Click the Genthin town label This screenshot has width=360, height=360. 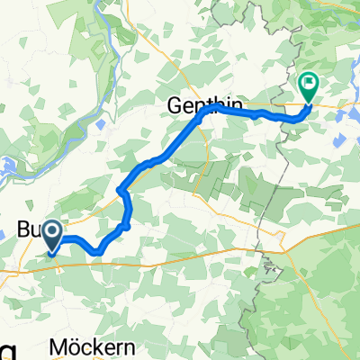point(193,105)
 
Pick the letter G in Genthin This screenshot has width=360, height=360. point(172,105)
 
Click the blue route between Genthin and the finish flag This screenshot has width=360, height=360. point(252,114)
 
